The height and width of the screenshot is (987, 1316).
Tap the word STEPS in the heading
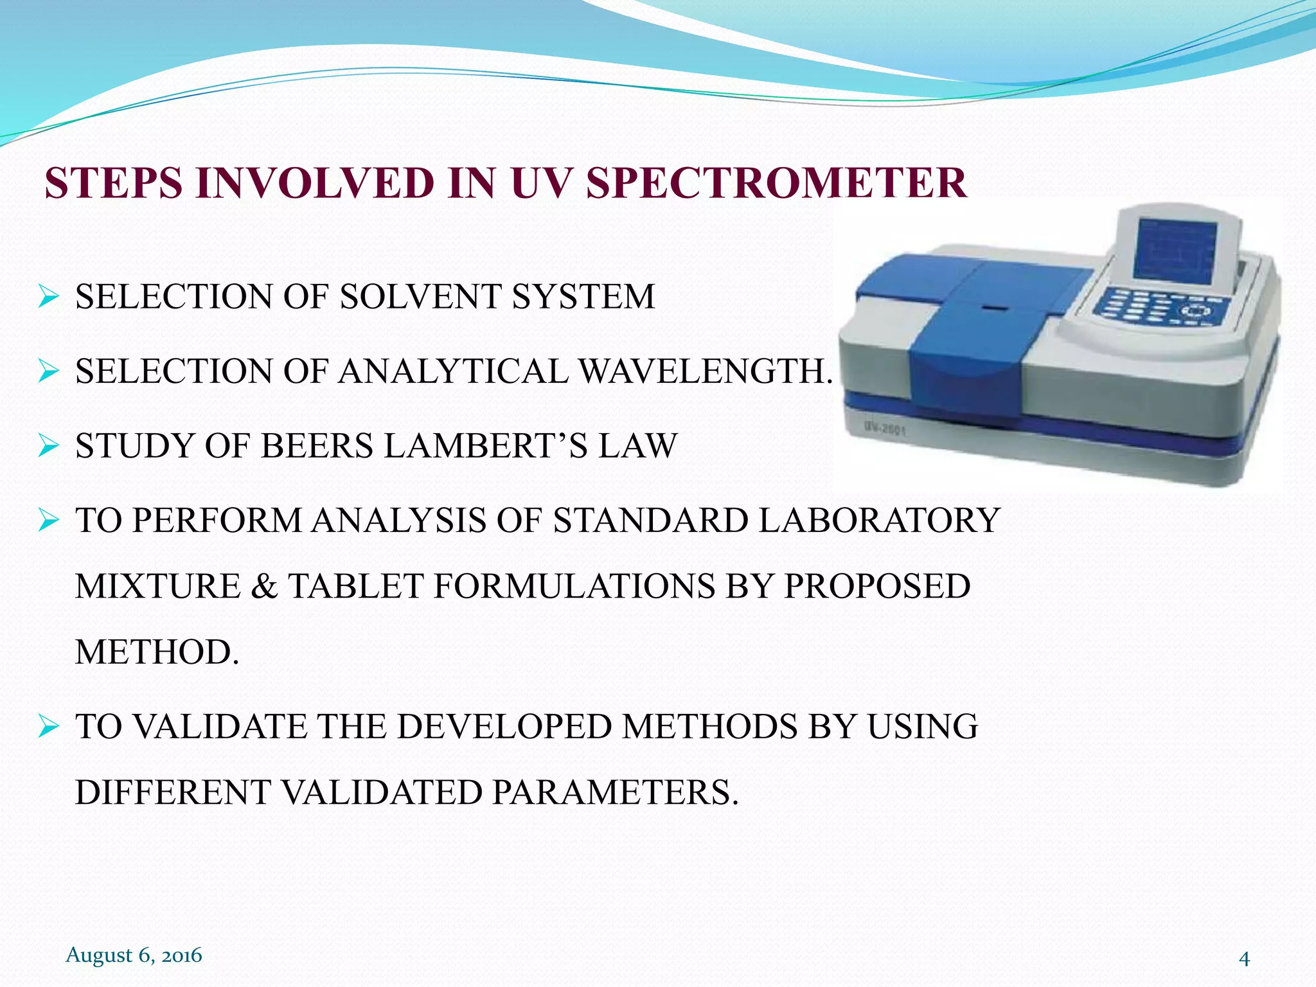coord(113,183)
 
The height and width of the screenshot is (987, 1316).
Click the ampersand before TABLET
coord(263,586)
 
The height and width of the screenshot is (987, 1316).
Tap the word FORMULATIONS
coord(574,586)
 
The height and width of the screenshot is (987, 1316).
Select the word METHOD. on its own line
coord(157,652)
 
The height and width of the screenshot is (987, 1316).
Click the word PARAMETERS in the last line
coord(616,792)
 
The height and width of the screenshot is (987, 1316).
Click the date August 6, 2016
coord(134,955)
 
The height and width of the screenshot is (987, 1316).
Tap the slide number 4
coord(1244,959)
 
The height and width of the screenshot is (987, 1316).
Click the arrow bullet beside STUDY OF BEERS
coord(48,445)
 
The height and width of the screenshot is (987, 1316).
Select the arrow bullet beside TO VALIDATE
coord(48,727)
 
